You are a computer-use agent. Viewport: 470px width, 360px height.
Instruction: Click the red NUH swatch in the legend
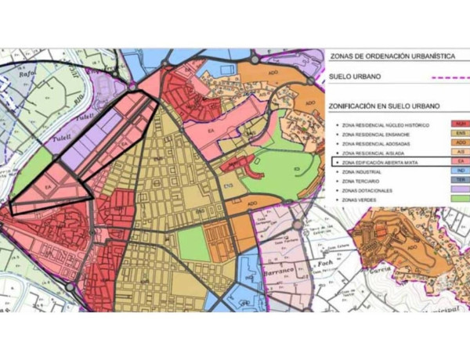click(460, 124)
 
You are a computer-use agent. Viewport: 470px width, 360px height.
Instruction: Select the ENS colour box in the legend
click(460, 133)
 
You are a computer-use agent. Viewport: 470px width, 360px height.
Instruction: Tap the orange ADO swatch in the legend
click(460, 142)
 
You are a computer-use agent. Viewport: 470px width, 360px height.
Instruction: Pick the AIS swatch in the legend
click(460, 152)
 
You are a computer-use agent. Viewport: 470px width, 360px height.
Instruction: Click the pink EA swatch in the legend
click(460, 161)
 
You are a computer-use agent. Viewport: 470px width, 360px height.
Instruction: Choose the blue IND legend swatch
click(460, 171)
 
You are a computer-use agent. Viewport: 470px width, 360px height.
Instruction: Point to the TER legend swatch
click(460, 180)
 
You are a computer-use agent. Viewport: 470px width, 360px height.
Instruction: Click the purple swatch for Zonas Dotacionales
click(460, 190)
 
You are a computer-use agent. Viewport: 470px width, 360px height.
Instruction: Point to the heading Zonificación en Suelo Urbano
click(383, 106)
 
